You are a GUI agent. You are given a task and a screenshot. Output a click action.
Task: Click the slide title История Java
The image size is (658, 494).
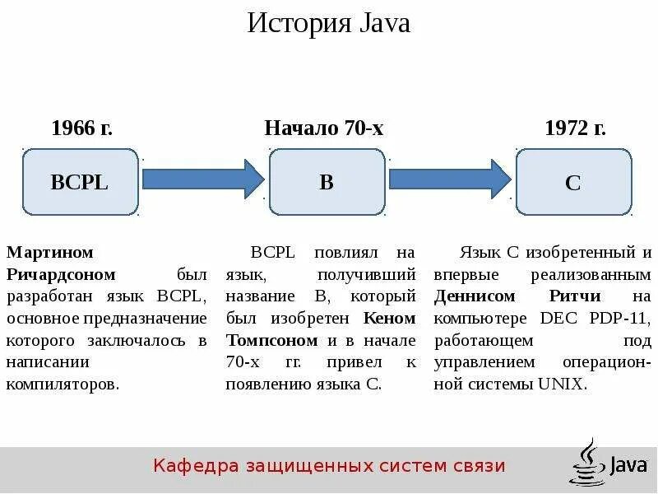(x=328, y=23)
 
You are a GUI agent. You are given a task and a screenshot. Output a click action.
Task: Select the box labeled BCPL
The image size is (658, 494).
(x=80, y=183)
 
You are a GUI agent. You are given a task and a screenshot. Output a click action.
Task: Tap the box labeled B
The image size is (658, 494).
(x=327, y=183)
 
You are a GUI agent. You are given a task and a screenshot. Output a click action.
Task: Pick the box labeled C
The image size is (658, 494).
(x=573, y=183)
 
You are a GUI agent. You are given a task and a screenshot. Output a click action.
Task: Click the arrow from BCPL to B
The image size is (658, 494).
(x=202, y=178)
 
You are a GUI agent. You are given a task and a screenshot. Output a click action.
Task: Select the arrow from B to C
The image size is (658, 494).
(x=449, y=178)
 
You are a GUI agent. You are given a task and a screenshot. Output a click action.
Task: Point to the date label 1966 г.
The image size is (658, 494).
(x=81, y=128)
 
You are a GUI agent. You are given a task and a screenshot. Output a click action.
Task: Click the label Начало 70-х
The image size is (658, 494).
(x=324, y=128)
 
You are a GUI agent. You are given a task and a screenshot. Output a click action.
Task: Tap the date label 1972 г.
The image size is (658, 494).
(x=575, y=128)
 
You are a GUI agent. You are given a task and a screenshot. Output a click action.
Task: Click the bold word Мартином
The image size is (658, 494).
(x=50, y=252)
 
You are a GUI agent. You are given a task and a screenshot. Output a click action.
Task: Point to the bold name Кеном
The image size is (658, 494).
(x=388, y=318)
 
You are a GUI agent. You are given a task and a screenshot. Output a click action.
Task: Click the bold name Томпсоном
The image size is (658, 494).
(x=271, y=340)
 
